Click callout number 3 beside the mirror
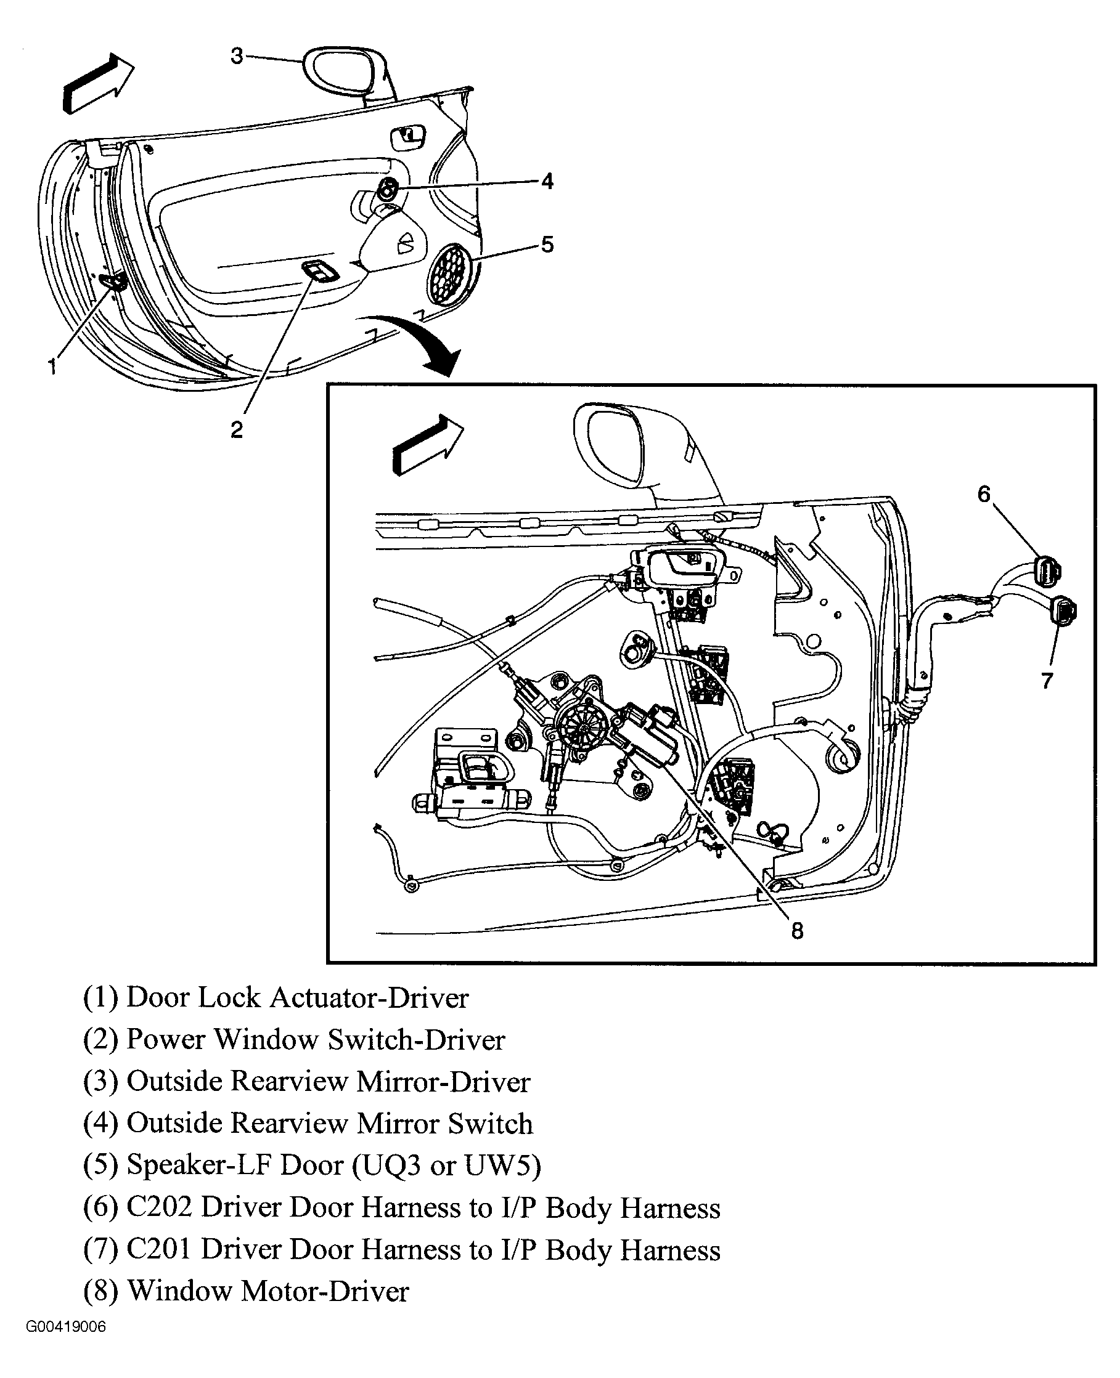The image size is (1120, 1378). coord(237,56)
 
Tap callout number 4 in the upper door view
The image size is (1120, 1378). coord(547,181)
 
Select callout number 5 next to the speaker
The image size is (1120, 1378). coord(547,245)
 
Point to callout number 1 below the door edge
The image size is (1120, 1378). coord(52,367)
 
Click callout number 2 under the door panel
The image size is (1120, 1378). coord(237,429)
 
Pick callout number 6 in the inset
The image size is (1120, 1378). coord(983,494)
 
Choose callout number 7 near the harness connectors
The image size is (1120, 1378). coord(1047,680)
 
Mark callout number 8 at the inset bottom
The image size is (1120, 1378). coord(798,931)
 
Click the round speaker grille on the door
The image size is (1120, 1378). coord(452,274)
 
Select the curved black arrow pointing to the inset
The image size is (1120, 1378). coord(419,342)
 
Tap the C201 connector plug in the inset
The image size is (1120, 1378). coord(1063,610)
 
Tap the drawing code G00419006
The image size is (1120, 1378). coord(66,1327)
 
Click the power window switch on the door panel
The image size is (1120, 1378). coord(319,271)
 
